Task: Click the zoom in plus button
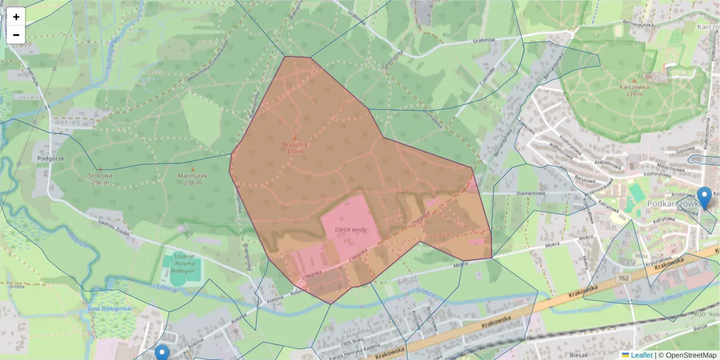tap(16, 17)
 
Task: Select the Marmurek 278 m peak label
tap(192, 179)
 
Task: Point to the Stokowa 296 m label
tap(100, 178)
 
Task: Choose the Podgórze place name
tap(50, 158)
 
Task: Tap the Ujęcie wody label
tap(352, 230)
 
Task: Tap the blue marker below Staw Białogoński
tap(162, 353)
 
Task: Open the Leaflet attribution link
tap(641, 355)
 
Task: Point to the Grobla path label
tap(17, 286)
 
